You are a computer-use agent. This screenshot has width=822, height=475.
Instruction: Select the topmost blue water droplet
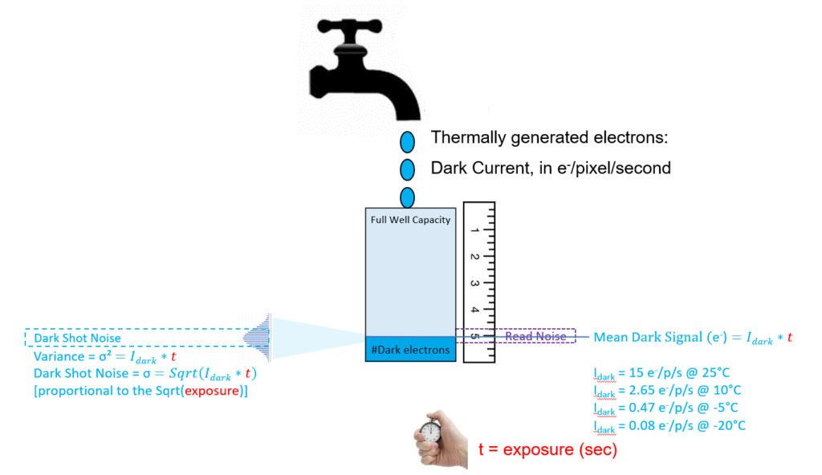point(407,142)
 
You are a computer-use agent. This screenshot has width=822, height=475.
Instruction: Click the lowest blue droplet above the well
point(407,197)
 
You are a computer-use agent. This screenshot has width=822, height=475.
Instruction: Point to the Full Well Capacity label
point(410,220)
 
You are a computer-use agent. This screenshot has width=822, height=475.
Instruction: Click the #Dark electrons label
point(410,350)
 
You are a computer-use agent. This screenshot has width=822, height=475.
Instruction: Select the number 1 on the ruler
point(475,230)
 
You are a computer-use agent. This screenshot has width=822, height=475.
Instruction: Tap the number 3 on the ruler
point(475,283)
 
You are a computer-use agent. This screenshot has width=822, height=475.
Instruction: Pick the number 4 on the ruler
point(475,310)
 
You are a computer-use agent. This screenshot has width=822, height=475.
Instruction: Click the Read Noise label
point(535,337)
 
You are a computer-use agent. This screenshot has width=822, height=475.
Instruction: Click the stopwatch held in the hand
point(432,431)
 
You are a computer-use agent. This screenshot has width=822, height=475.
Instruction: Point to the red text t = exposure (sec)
point(547,450)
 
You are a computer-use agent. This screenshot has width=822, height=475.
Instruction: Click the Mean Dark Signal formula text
point(693,338)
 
